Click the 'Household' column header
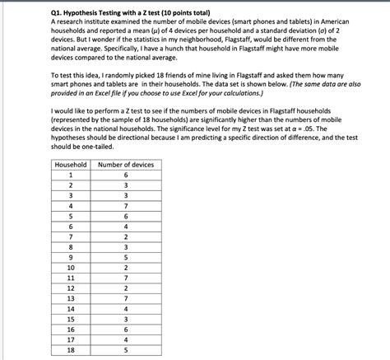(x=71, y=165)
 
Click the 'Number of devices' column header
(x=125, y=165)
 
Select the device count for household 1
(x=125, y=175)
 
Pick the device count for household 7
(x=125, y=236)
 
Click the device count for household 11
(x=125, y=278)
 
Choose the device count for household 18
(x=125, y=349)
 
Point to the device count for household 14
(x=125, y=308)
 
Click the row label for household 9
(x=71, y=256)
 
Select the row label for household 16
(x=71, y=329)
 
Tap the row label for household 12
(x=71, y=288)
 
